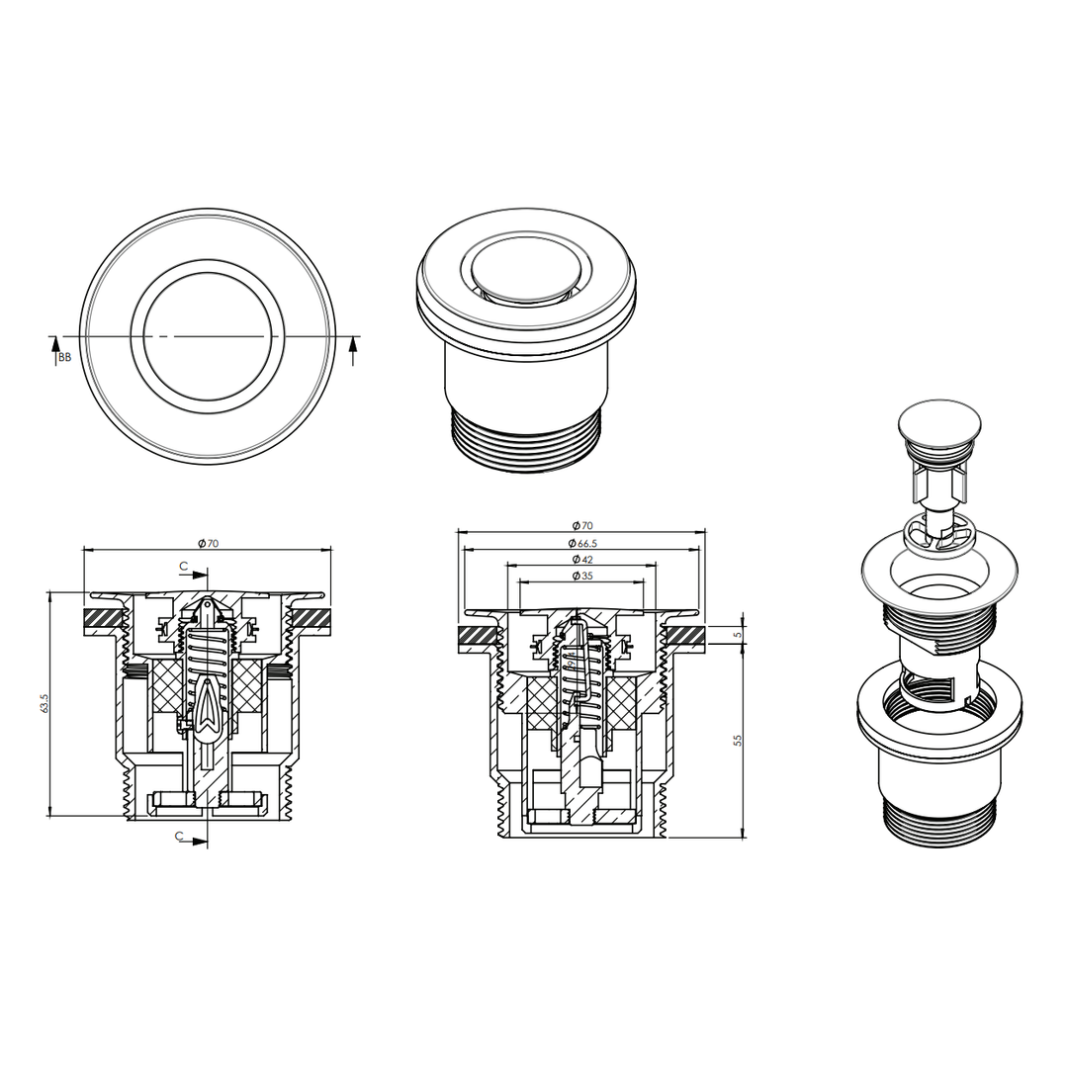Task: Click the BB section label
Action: pyautogui.click(x=64, y=357)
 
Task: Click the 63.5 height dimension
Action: pyautogui.click(x=44, y=704)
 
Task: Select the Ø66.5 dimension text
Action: pyautogui.click(x=582, y=543)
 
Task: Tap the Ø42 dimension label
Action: pyautogui.click(x=582, y=559)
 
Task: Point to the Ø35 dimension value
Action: pyautogui.click(x=582, y=576)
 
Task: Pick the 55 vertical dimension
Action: pyautogui.click(x=737, y=740)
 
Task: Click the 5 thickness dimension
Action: pyautogui.click(x=737, y=635)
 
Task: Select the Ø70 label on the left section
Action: pyautogui.click(x=208, y=543)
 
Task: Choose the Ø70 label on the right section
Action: pyautogui.click(x=582, y=525)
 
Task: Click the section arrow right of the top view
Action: pyautogui.click(x=352, y=351)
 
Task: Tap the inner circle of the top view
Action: pyautogui.click(x=208, y=336)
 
